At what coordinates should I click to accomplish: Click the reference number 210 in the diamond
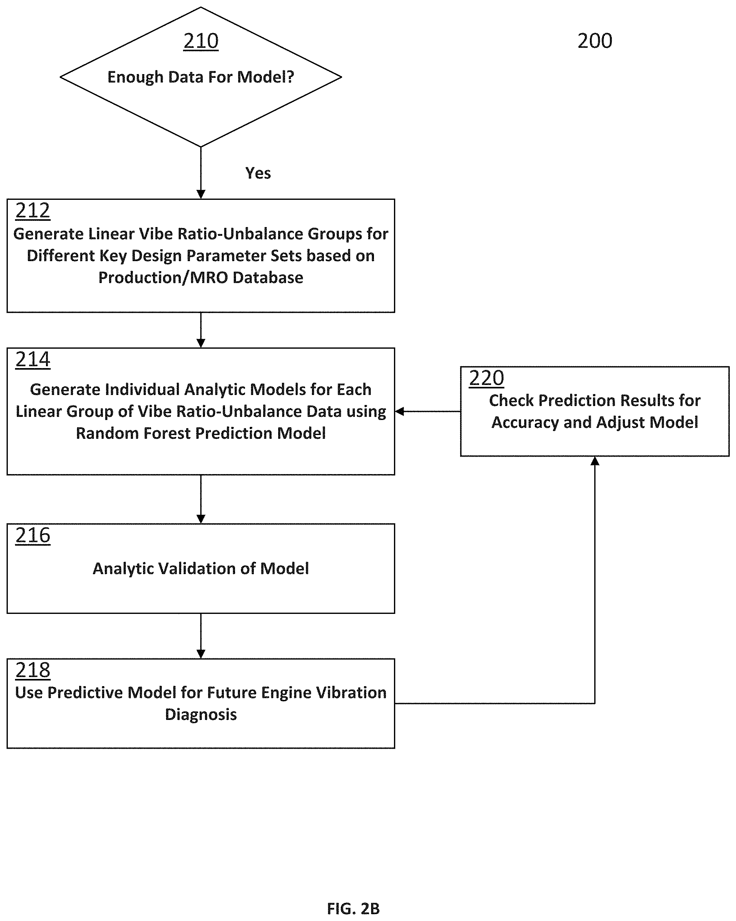coord(201,41)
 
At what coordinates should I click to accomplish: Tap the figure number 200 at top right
coord(595,41)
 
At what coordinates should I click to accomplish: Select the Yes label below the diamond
coord(258,173)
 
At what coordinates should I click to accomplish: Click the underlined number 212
coord(33,211)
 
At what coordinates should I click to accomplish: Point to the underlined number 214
coord(33,360)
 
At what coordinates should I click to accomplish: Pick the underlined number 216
coord(33,536)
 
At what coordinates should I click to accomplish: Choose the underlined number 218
coord(33,670)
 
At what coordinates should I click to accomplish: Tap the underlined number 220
coord(486,378)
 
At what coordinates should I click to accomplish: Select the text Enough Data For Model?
coord(201,77)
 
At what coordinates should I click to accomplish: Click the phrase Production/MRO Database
coord(201,278)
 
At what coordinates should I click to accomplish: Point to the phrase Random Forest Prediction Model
coord(201,433)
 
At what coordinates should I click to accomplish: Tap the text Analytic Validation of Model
coord(201,569)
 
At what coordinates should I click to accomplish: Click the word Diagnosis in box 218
coord(201,715)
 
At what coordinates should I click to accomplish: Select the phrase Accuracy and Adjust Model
coord(595,422)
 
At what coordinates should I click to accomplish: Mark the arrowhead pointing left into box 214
coord(400,411)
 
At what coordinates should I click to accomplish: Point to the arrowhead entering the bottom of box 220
coord(595,461)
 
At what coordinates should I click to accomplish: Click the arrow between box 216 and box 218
coord(201,636)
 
